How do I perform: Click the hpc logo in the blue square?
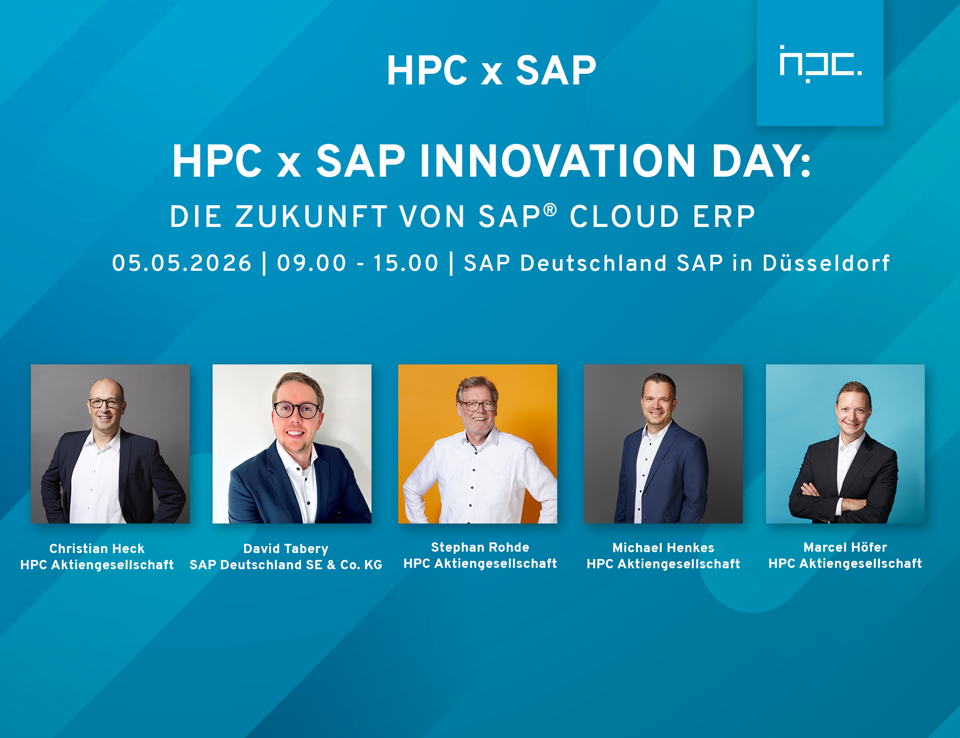(x=820, y=64)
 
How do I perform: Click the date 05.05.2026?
(x=182, y=263)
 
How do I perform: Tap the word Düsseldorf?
(x=826, y=263)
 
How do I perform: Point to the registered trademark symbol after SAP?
(x=550, y=210)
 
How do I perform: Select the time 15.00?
(x=406, y=263)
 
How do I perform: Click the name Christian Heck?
(x=97, y=548)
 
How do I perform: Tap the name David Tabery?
(x=286, y=549)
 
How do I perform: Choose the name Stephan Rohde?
(x=480, y=547)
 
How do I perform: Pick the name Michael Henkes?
(x=663, y=548)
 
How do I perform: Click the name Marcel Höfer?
(x=845, y=547)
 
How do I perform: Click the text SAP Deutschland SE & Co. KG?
(x=286, y=565)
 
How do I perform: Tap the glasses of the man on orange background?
(x=477, y=406)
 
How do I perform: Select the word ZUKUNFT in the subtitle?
(x=311, y=216)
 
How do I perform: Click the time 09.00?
(x=312, y=263)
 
